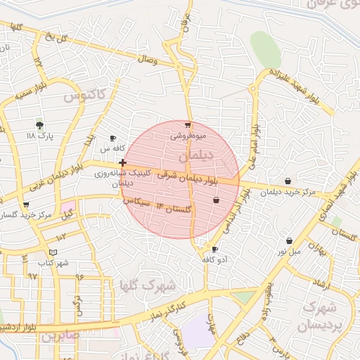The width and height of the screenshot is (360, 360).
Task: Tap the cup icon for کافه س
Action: [x=113, y=139]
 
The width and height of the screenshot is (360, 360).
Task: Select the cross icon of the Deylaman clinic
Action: [x=123, y=162]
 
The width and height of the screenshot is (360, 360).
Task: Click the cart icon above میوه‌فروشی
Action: [x=188, y=124]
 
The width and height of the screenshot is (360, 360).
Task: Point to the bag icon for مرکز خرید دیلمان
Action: [x=288, y=181]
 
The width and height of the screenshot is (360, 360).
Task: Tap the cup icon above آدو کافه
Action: [x=215, y=249]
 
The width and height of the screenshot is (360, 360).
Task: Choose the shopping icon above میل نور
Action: [x=289, y=240]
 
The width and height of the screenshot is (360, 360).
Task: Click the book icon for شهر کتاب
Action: [x=53, y=252]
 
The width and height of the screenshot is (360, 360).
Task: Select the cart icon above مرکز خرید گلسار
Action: [x=26, y=205]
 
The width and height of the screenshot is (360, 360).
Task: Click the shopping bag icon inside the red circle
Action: [x=215, y=200]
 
